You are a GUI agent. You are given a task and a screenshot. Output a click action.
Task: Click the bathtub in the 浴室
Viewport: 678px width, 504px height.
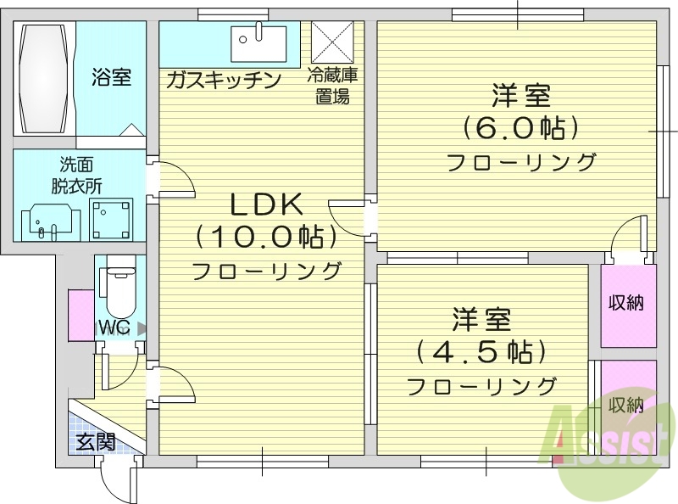(x=44, y=78)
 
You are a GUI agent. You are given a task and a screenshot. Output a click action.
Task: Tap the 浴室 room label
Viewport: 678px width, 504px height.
(x=111, y=78)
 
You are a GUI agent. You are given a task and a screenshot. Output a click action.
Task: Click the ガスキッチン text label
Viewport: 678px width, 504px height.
(x=223, y=81)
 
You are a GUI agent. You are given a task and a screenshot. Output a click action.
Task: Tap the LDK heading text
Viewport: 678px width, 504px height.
(x=265, y=204)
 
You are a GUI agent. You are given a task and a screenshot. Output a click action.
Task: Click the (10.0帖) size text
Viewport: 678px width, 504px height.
(x=265, y=238)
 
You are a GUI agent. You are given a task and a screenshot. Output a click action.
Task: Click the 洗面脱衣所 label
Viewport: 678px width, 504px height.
(x=75, y=176)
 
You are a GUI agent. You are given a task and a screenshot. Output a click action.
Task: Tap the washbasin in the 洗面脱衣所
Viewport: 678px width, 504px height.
(x=44, y=220)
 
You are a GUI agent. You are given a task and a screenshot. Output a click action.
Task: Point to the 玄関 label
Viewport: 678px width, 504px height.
(x=94, y=441)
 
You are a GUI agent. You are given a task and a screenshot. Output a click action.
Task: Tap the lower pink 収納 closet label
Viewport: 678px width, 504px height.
(x=626, y=404)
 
